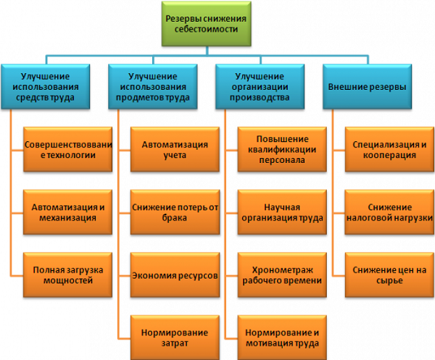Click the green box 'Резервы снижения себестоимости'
pyautogui.click(x=207, y=24)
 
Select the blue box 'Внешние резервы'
pyautogui.click(x=368, y=87)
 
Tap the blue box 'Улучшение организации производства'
pyautogui.click(x=260, y=87)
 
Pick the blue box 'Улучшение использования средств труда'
pyautogui.click(x=46, y=87)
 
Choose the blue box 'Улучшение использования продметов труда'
pyautogui.click(x=153, y=87)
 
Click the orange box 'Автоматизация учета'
pyautogui.click(x=175, y=149)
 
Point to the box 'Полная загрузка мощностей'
pyautogui.click(x=68, y=275)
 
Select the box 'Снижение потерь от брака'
pyautogui.click(x=175, y=212)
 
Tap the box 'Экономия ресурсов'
pyautogui.click(x=175, y=275)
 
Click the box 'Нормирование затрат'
pyautogui.click(x=175, y=338)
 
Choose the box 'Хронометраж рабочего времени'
pyautogui.click(x=282, y=275)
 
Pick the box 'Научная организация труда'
pyautogui.click(x=282, y=212)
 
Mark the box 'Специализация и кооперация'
pyautogui.click(x=389, y=149)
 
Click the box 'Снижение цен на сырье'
pyautogui.click(x=389, y=275)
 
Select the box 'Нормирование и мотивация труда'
pyautogui.click(x=282, y=338)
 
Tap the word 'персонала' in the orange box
pyautogui.click(x=282, y=160)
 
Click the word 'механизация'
pyautogui.click(x=67, y=218)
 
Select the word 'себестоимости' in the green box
pyautogui.click(x=206, y=29)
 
